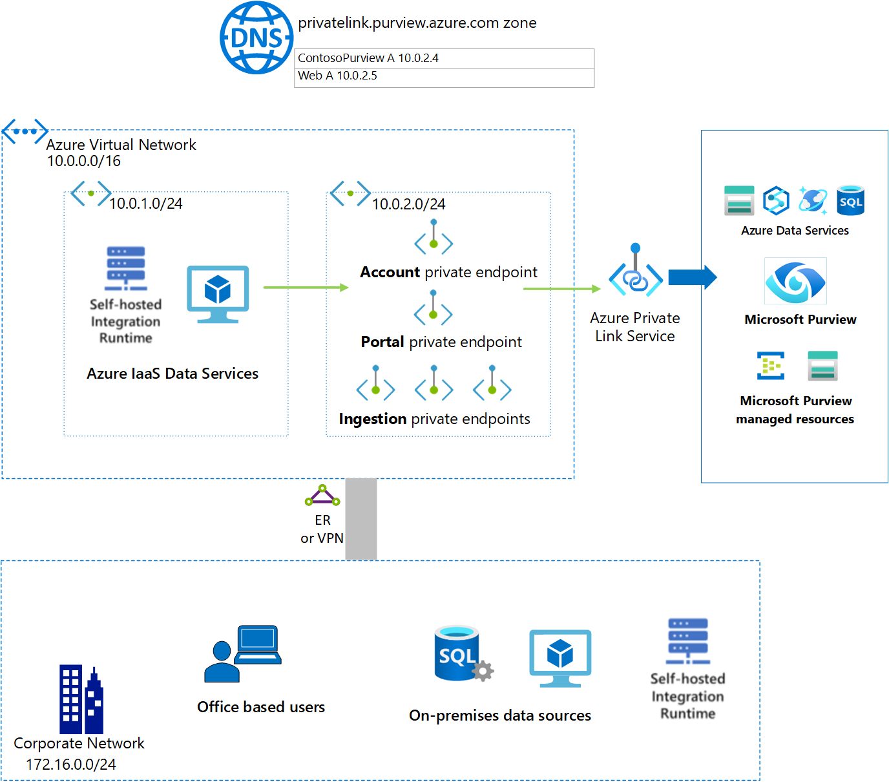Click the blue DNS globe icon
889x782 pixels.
(x=256, y=37)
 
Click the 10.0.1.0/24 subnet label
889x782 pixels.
(x=145, y=204)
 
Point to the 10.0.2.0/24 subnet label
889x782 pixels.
(x=408, y=204)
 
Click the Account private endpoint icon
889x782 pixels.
(x=434, y=237)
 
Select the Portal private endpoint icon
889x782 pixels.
(x=434, y=308)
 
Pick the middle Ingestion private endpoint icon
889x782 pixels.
(x=434, y=383)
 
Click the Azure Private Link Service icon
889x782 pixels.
(x=636, y=271)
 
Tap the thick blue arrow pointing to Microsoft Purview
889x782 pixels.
(x=692, y=277)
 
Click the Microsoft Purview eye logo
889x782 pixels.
(x=795, y=282)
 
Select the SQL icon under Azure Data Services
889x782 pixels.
(x=850, y=200)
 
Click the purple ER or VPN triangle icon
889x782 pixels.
(x=322, y=496)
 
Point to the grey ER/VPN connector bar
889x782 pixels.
(x=361, y=519)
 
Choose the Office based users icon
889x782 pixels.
(x=243, y=653)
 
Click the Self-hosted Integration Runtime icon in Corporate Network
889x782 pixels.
(x=687, y=641)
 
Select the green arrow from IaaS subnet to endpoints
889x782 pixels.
(x=306, y=288)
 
